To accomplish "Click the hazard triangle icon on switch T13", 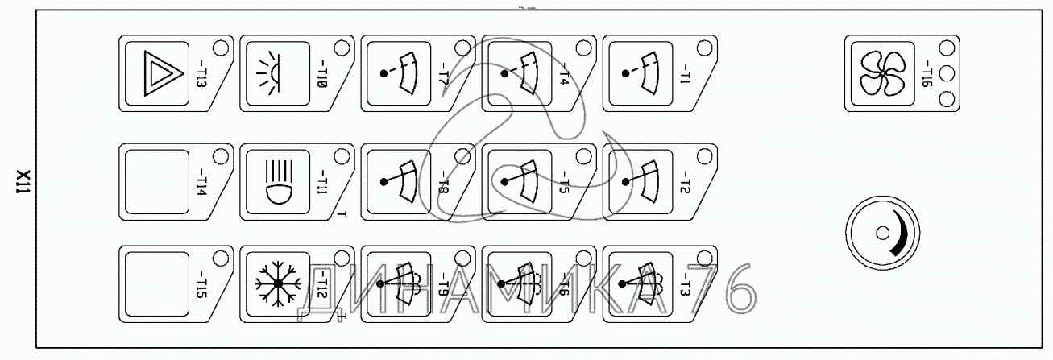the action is [155, 73].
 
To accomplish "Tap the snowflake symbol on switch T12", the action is [276, 283].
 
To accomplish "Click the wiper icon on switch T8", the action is [397, 179].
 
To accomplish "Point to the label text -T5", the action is [563, 182].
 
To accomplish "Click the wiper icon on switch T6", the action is [518, 283].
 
